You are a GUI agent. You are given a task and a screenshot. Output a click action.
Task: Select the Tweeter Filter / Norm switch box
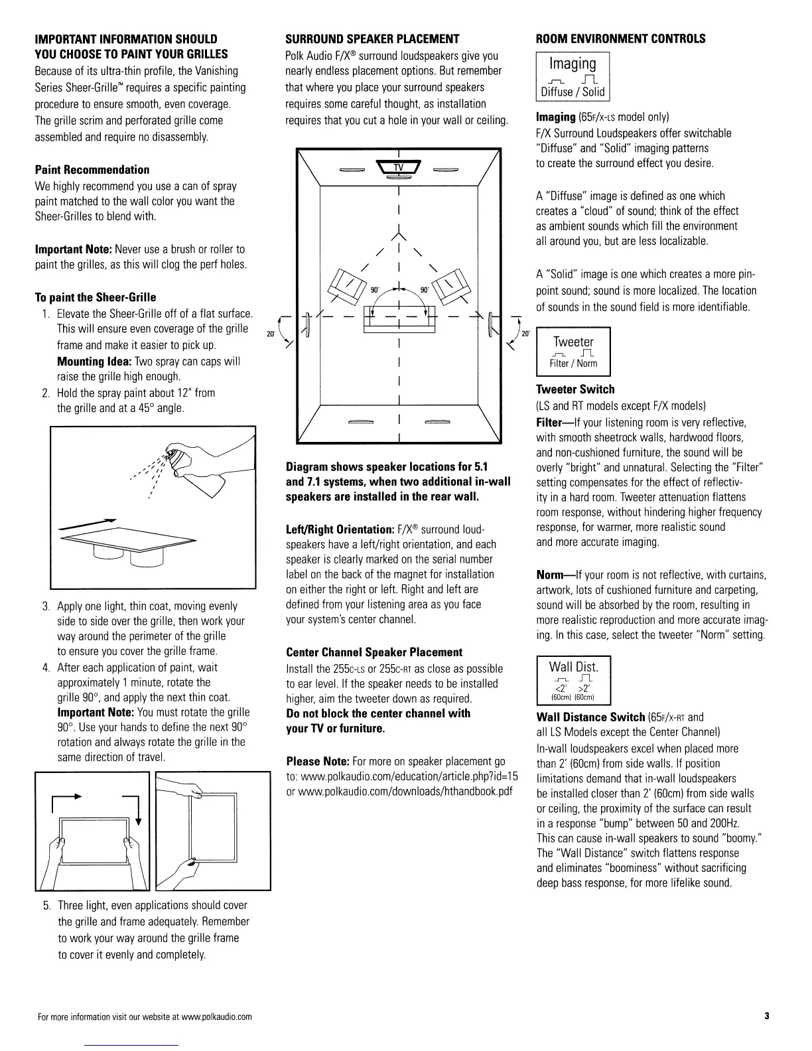pyautogui.click(x=573, y=352)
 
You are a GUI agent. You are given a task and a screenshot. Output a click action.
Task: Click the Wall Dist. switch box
pyautogui.click(x=573, y=680)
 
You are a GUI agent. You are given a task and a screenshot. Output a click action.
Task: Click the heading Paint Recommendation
pyautogui.click(x=92, y=170)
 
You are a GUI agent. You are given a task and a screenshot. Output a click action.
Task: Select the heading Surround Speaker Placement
pyautogui.click(x=372, y=39)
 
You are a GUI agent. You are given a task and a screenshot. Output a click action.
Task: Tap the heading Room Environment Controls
pyautogui.click(x=620, y=39)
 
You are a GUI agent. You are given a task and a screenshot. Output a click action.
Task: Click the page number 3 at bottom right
pyautogui.click(x=766, y=1016)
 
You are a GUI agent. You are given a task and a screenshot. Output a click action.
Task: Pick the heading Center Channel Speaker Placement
pyautogui.click(x=374, y=652)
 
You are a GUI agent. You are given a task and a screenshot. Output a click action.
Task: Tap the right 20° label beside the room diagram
pyautogui.click(x=524, y=333)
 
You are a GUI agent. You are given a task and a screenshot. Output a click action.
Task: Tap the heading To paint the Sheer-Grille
pyautogui.click(x=96, y=297)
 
